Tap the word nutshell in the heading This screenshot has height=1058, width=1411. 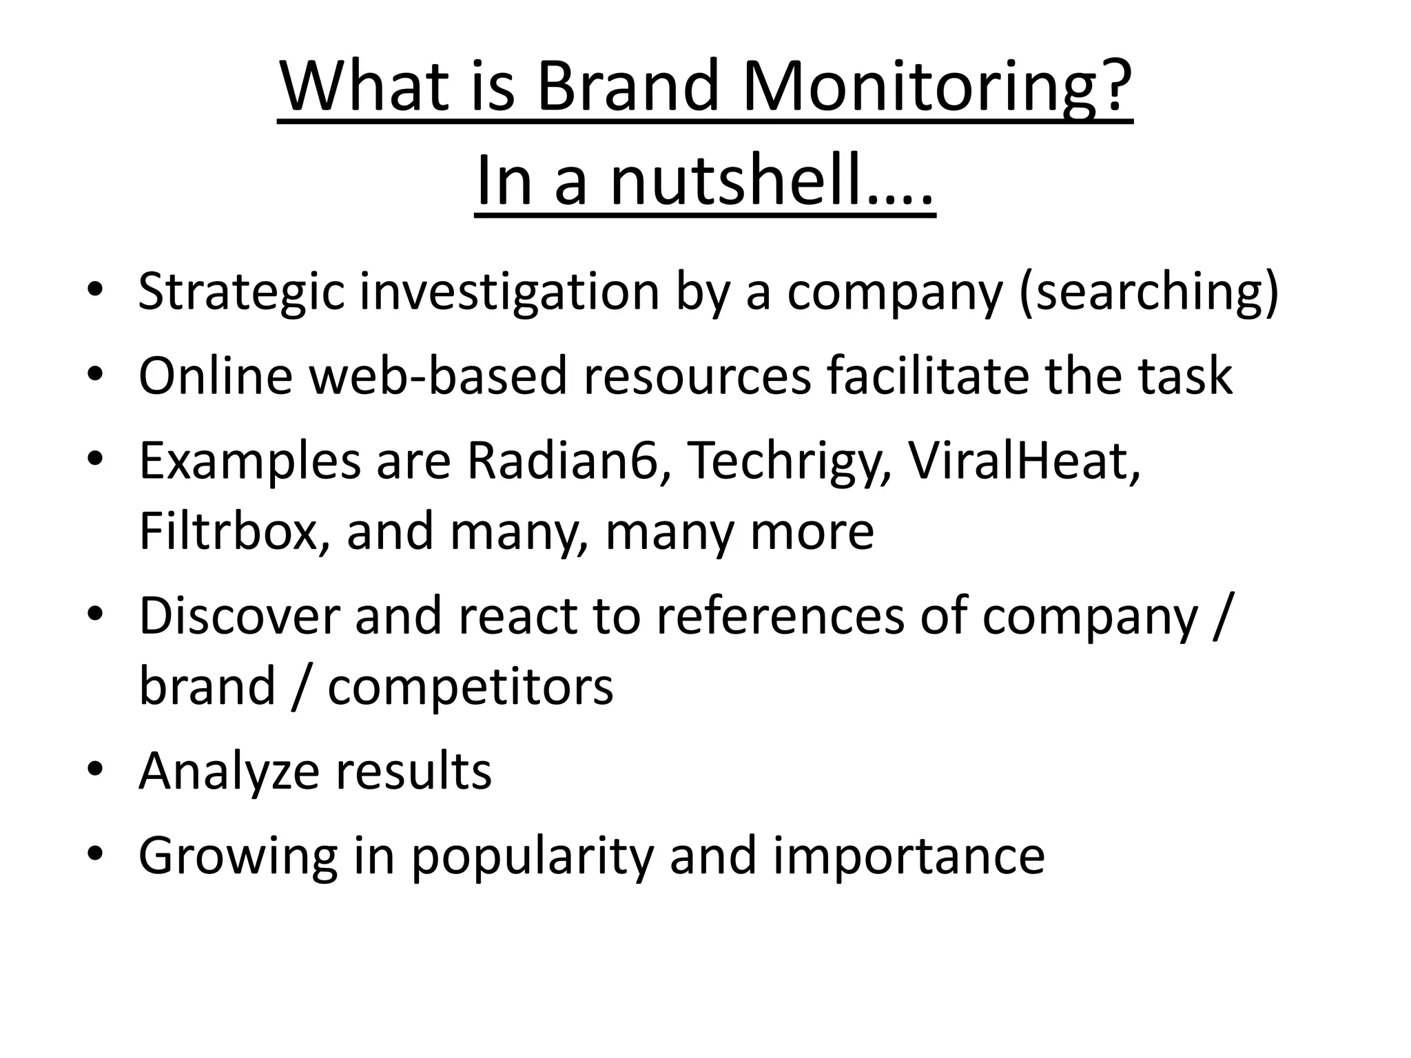(737, 182)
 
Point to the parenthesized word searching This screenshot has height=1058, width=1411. (1148, 293)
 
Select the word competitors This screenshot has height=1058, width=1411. (470, 687)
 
